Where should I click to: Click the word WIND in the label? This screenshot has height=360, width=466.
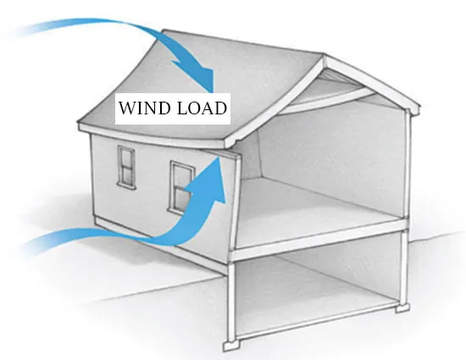pyautogui.click(x=144, y=108)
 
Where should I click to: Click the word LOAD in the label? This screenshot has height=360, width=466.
pyautogui.click(x=202, y=108)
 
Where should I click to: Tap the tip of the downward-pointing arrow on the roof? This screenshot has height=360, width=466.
pyautogui.click(x=213, y=91)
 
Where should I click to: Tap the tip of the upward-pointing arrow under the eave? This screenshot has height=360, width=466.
pyautogui.click(x=219, y=158)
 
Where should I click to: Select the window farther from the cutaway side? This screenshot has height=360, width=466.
pyautogui.click(x=127, y=167)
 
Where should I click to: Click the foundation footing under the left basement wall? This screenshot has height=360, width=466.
pyautogui.click(x=232, y=346)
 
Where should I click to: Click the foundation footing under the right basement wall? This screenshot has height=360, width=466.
pyautogui.click(x=402, y=307)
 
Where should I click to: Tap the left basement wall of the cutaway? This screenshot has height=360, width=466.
pyautogui.click(x=231, y=300)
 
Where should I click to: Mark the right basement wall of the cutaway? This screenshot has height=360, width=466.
pyautogui.click(x=404, y=268)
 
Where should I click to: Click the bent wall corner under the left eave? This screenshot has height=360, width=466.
pyautogui.click(x=236, y=202)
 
